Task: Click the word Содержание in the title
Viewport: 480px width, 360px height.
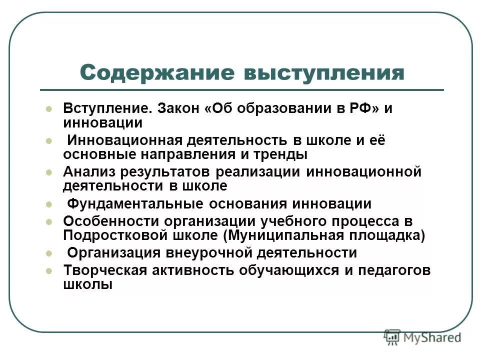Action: tap(157, 73)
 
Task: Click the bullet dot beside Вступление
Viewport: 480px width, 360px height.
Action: tap(48, 109)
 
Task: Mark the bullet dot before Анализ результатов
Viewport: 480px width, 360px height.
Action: tap(48, 172)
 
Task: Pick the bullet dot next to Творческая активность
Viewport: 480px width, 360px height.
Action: tap(48, 270)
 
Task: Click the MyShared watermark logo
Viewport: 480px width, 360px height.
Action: tap(423, 337)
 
